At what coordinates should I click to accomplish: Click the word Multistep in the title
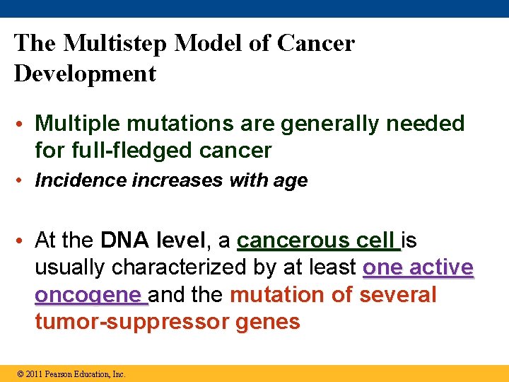pos(115,44)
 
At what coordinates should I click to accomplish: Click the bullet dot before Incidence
pos(24,181)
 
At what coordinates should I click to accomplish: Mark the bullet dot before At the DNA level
pos(24,241)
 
